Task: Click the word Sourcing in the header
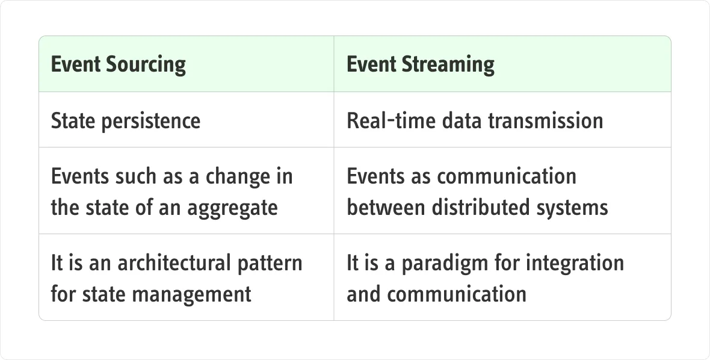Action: point(146,64)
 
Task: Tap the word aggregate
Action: point(232,208)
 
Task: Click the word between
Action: point(386,208)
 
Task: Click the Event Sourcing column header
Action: point(187,64)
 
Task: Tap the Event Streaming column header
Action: point(502,64)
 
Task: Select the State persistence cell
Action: point(187,120)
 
